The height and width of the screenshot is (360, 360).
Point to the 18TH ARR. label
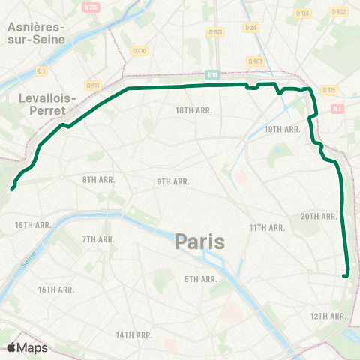[x=194, y=109]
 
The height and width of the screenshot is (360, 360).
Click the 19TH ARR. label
[x=283, y=129]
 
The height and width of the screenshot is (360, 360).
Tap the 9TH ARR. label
[x=172, y=181]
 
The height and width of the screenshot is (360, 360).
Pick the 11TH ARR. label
[x=268, y=227]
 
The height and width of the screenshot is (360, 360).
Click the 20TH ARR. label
[x=319, y=216]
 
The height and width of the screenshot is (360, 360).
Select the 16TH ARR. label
[x=32, y=224]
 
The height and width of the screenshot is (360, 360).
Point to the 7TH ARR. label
[x=97, y=239]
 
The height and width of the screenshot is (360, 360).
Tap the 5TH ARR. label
[x=201, y=279]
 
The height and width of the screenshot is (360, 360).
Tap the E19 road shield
[x=212, y=75]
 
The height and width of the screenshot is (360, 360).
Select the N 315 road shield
[x=91, y=7]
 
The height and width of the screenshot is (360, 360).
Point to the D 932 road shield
[x=340, y=13]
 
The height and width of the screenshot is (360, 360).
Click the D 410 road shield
[x=140, y=52]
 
